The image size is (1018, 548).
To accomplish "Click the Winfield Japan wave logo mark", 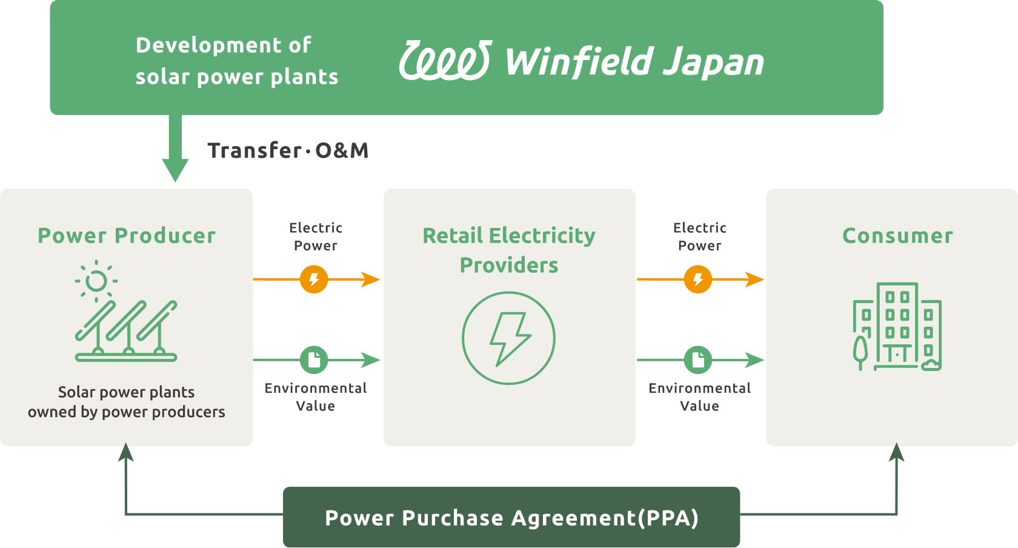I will (x=445, y=61).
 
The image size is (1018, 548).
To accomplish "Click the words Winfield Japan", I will (x=634, y=62).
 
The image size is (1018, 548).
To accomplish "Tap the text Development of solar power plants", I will (x=236, y=61).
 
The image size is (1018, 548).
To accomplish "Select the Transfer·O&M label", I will (x=288, y=150).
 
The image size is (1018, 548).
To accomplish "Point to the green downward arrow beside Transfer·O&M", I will (x=175, y=152).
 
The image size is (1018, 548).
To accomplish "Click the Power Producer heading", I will (x=127, y=235).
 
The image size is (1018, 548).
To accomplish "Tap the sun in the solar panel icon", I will (x=96, y=281).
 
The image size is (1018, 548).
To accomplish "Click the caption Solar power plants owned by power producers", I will (x=127, y=402).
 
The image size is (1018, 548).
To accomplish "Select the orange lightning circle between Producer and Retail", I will (x=314, y=279).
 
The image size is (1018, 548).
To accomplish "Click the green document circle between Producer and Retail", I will (x=314, y=360).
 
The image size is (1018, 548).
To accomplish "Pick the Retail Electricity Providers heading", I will (x=509, y=250).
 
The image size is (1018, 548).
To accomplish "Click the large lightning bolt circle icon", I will (x=509, y=338).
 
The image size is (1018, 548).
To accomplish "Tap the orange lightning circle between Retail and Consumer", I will (x=698, y=279).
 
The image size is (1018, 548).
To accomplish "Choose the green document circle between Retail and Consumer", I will (x=698, y=360).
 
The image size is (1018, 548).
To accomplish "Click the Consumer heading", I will (x=897, y=235).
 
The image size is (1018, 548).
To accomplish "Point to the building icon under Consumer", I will (x=897, y=327).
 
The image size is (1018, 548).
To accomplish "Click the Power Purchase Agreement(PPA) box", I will (x=511, y=518).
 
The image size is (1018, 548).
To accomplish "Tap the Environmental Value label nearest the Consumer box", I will (x=699, y=397).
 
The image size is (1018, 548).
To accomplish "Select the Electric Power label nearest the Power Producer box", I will (x=316, y=236).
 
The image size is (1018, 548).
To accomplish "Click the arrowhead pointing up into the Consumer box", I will (x=897, y=453).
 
